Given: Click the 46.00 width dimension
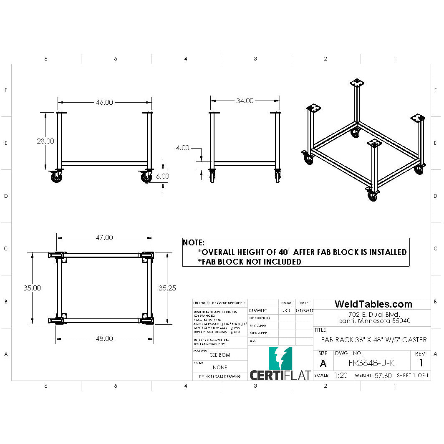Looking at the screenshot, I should (104, 102).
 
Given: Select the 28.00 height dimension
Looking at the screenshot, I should (45, 141).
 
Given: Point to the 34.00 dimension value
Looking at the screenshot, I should (245, 101).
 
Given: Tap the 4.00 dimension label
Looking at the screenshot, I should (182, 148).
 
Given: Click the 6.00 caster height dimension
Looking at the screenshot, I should (162, 176).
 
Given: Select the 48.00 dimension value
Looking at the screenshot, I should (104, 338).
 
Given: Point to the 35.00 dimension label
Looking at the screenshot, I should (32, 288).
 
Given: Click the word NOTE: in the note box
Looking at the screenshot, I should (194, 242).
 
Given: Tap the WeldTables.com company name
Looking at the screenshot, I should (373, 304).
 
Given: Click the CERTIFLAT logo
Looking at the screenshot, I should (280, 364).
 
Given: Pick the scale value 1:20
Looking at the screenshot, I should (341, 375).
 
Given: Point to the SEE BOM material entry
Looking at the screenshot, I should (219, 355).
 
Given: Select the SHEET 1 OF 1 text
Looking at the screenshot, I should (413, 375).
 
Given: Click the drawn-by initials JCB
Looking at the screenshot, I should (286, 310).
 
